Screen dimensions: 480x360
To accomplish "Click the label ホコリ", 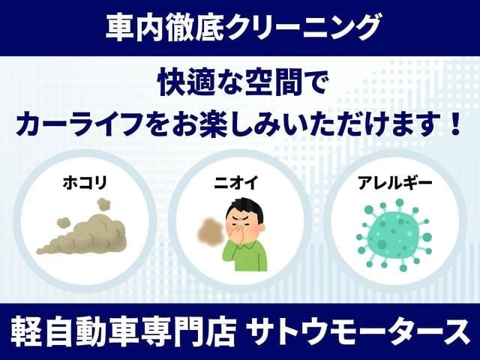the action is (85, 183).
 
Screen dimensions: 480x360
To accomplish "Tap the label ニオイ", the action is (236, 183).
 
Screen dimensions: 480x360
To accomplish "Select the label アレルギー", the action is (395, 183).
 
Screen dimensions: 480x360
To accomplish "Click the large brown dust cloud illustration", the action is (82, 234).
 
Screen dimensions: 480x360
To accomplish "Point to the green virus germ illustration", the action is (394, 235).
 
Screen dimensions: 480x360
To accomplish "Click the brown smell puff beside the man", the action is (210, 232).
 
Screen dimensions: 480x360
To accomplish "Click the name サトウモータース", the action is (358, 332).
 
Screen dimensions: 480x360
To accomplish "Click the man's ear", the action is (262, 228).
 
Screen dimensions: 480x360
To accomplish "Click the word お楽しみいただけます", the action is (306, 124).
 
